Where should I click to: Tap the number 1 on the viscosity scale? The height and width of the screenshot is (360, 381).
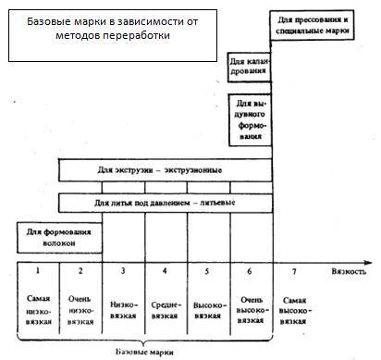pos(38,273)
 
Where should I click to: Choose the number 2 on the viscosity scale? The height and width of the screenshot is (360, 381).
pos(80,273)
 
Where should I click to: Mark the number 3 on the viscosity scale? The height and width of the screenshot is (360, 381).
pos(123,273)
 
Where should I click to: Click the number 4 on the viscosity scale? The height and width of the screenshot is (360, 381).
pos(166,273)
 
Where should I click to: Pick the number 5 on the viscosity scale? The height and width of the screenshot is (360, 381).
pos(208,273)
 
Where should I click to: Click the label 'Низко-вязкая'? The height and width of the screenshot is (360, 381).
pos(123,307)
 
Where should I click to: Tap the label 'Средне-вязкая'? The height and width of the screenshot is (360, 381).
pos(166,307)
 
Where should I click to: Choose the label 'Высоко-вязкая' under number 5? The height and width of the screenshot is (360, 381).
pos(208,307)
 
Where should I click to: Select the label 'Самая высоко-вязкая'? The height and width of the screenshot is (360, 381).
pos(295,312)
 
